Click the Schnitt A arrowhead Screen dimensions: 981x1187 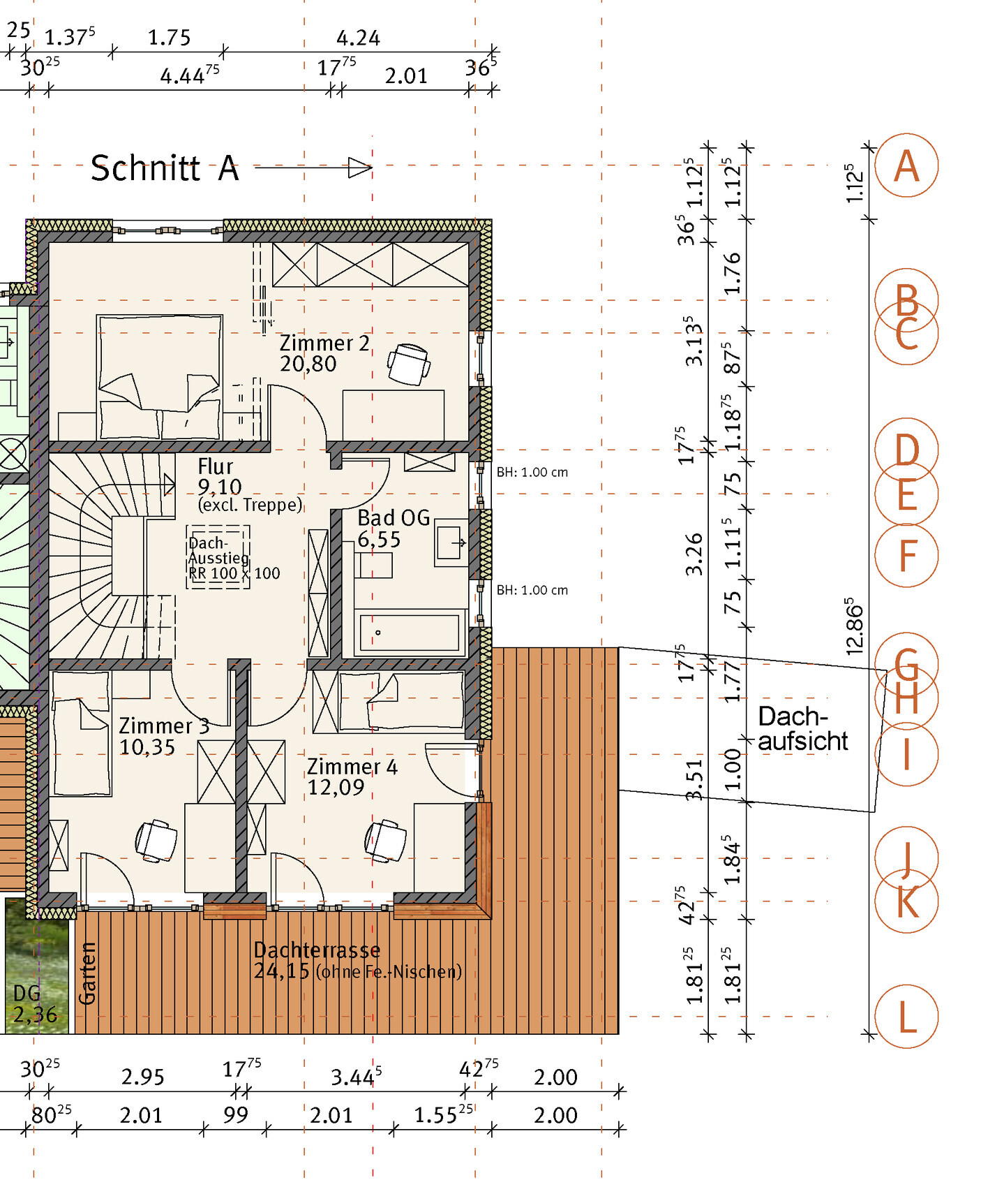coord(360,168)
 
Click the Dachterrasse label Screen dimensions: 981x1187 coord(317,950)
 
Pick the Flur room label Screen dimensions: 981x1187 coord(215,466)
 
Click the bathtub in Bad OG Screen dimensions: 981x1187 coord(410,633)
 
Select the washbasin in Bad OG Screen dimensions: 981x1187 coord(451,542)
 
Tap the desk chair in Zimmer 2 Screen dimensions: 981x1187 coord(409,364)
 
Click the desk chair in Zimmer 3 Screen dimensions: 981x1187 coord(156,841)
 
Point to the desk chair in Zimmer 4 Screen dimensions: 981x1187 coord(386,840)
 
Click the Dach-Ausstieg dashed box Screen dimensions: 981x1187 coord(218,557)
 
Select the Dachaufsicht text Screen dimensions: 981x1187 coord(802,728)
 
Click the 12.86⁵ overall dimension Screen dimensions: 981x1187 coord(855,626)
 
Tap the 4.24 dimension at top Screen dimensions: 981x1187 coord(358,37)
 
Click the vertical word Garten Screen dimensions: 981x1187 coord(87,973)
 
